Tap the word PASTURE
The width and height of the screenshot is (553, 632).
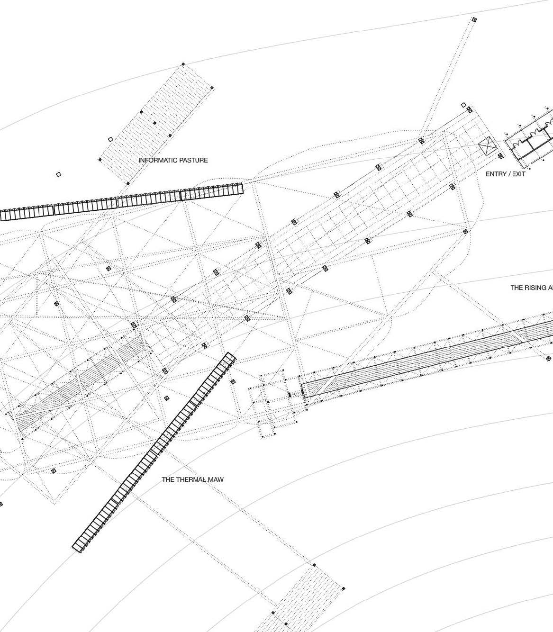[192, 160]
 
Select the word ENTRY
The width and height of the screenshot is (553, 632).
[496, 174]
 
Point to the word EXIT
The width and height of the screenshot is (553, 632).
[518, 174]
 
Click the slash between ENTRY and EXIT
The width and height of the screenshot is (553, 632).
[509, 174]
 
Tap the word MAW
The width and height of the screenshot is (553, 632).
[216, 479]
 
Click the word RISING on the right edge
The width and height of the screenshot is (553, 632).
[535, 288]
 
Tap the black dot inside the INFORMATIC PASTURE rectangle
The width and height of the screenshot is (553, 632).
[155, 123]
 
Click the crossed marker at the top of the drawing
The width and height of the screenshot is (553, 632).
[474, 20]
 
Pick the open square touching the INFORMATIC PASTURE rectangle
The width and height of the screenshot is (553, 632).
[110, 139]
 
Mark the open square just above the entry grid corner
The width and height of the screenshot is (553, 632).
[463, 105]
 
